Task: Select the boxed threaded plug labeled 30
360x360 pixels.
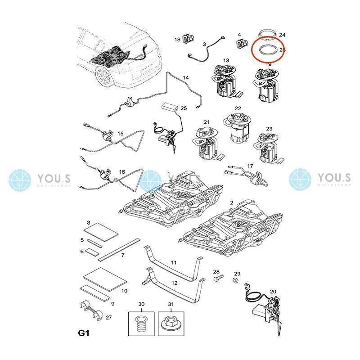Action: [x=141, y=323]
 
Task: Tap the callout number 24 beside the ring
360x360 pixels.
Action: [x=282, y=35]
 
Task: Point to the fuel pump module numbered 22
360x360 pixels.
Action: [x=237, y=128]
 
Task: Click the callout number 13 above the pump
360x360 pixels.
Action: [x=226, y=60]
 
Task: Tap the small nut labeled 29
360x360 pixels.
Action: [x=235, y=280]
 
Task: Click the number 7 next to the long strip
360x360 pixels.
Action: [x=122, y=255]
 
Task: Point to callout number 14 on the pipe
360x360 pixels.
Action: [x=185, y=78]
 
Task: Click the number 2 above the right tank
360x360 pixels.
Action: [x=231, y=203]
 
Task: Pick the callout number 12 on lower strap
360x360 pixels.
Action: [x=174, y=283]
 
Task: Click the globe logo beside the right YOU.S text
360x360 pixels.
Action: [x=300, y=180]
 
